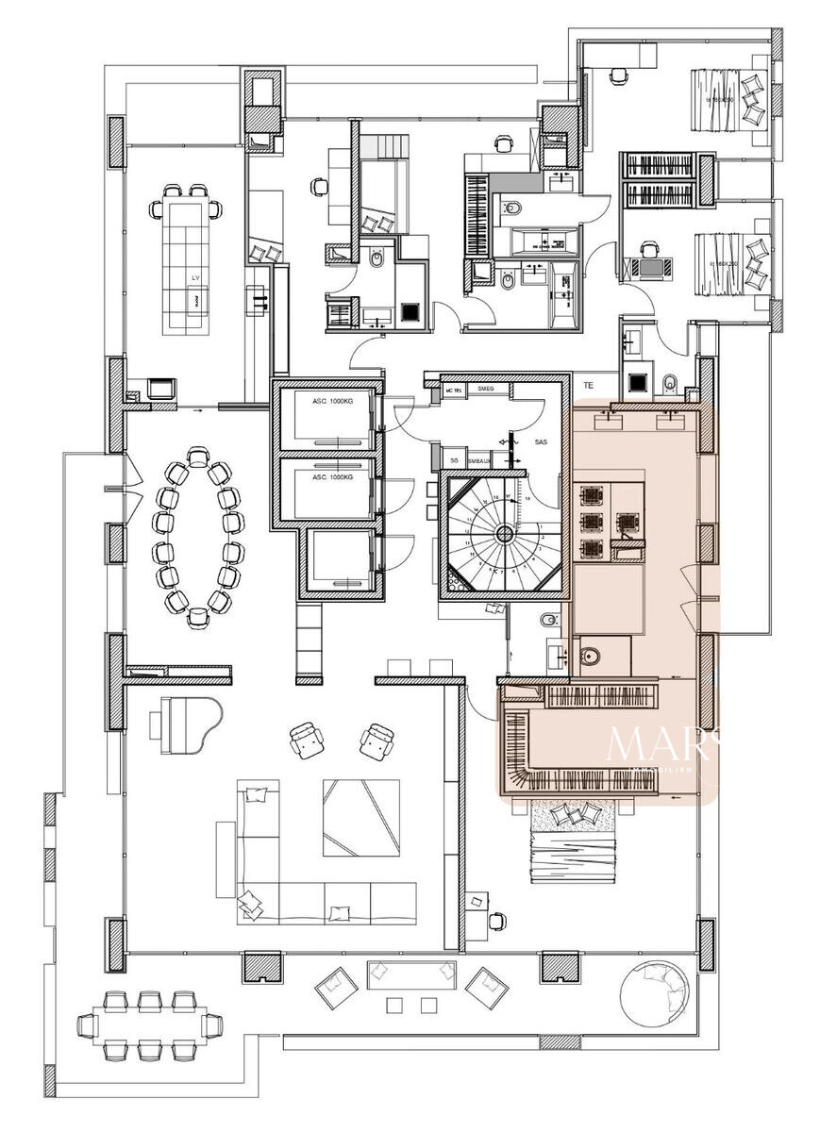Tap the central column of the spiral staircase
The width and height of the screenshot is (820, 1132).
tap(505, 534)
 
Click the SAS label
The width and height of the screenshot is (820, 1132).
tap(542, 441)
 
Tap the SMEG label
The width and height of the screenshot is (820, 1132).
tap(487, 389)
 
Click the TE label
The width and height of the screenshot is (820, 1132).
tap(588, 385)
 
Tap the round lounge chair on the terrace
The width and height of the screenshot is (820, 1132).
tap(658, 997)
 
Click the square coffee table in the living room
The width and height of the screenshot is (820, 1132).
tap(360, 817)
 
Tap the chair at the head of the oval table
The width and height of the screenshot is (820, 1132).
tap(197, 458)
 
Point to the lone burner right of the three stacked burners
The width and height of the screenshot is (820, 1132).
tap(626, 521)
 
